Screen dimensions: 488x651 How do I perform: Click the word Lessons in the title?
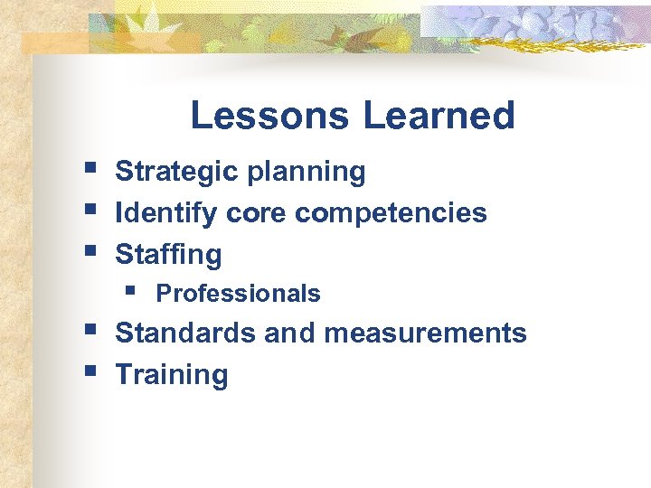pyautogui.click(x=269, y=116)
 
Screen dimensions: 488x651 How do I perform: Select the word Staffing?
pyautogui.click(x=168, y=256)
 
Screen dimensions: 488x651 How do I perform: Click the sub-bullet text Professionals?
pyautogui.click(x=238, y=294)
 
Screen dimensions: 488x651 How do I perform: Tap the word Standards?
pyautogui.click(x=186, y=333)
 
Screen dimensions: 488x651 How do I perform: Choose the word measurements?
pyautogui.click(x=425, y=333)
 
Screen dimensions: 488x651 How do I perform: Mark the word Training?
pyautogui.click(x=172, y=375)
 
